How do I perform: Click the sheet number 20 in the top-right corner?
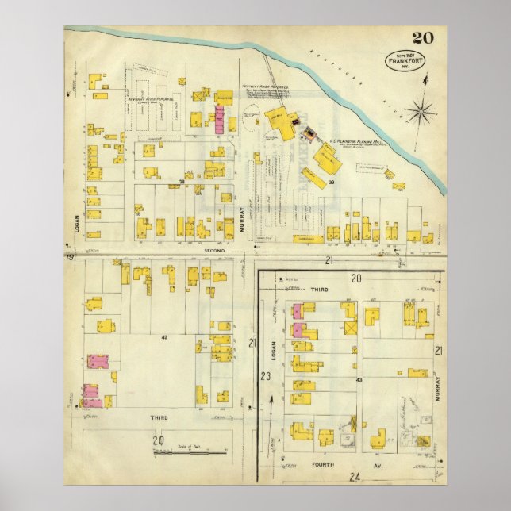tap(422, 37)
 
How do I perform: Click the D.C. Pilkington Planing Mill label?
tap(350, 145)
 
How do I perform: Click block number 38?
tap(181, 181)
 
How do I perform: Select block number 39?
tap(332, 182)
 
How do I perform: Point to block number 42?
tap(164, 337)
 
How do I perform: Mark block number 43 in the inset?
tap(359, 380)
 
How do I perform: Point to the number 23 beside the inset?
tap(266, 376)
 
